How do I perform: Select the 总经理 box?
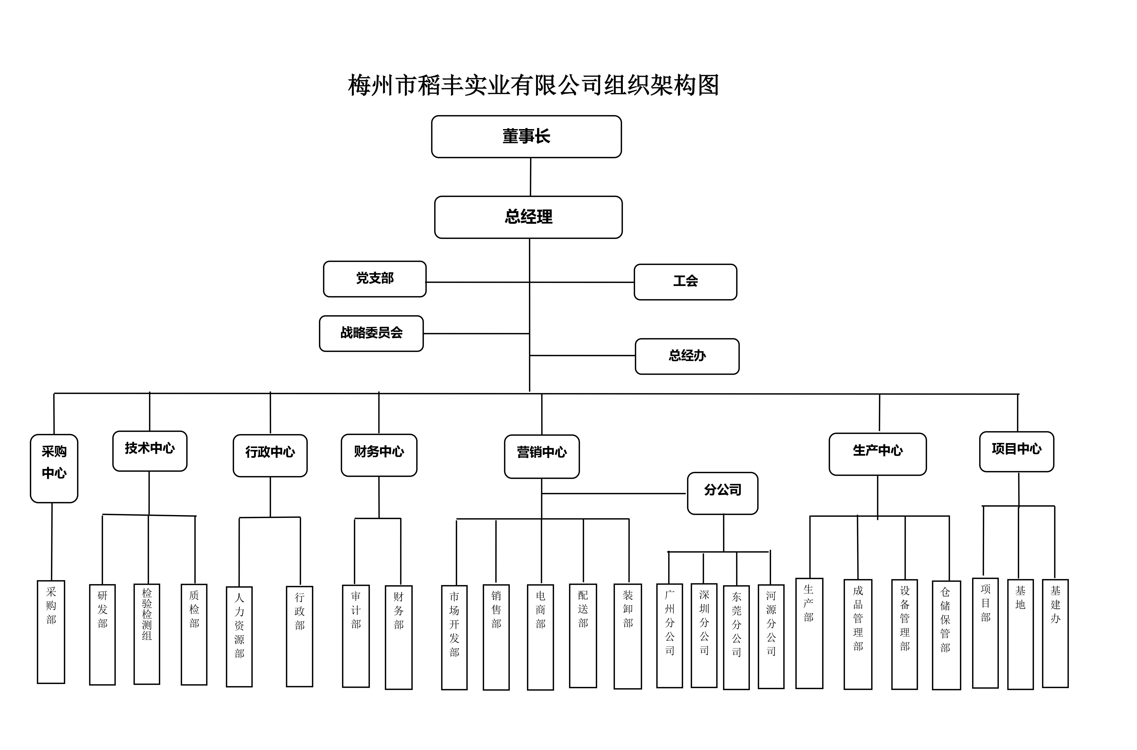[x=528, y=217]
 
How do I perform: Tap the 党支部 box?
[x=375, y=279]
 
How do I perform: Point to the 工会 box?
[x=685, y=282]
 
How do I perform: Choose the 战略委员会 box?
[x=371, y=333]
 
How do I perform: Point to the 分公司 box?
[x=722, y=493]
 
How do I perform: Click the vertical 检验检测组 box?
[x=147, y=634]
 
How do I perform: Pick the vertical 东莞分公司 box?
[x=736, y=637]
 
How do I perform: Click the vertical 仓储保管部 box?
[x=946, y=635]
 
